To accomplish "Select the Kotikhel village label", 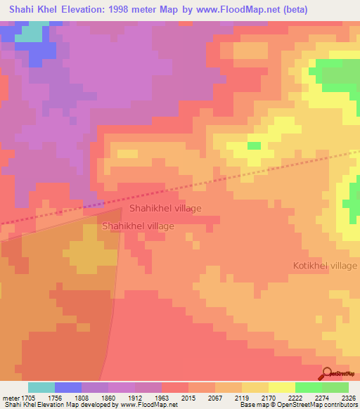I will coord(325,266).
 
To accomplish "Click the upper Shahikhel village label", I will coord(165,209).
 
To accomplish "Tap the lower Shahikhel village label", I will coord(138,226).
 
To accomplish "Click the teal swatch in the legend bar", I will coord(41,387).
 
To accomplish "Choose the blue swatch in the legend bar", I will coord(68,387).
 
